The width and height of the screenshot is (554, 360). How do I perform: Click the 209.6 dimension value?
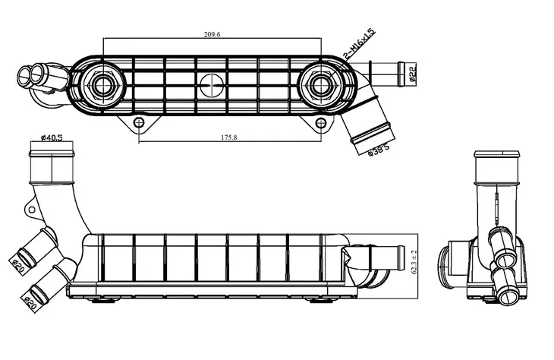pyautogui.click(x=212, y=35)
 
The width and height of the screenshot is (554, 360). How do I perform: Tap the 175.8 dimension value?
pyautogui.click(x=229, y=137)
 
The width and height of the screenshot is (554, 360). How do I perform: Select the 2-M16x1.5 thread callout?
pyautogui.click(x=359, y=43)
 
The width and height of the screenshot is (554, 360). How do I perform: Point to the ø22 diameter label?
pyautogui.click(x=413, y=74)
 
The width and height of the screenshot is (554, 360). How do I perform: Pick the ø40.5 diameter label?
pyautogui.click(x=52, y=137)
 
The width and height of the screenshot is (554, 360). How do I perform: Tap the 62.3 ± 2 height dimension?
pyautogui.click(x=414, y=262)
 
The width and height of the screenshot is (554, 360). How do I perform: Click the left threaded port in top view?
pyautogui.click(x=102, y=85)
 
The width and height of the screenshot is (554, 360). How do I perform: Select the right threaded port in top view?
pyautogui.click(x=321, y=85)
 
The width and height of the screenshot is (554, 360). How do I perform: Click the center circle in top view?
pyautogui.click(x=212, y=85)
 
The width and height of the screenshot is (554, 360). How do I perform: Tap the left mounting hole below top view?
pyautogui.click(x=139, y=123)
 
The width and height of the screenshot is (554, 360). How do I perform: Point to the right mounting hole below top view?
pyautogui.click(x=321, y=123)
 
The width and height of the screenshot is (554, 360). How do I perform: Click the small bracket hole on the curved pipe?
pyautogui.click(x=31, y=210)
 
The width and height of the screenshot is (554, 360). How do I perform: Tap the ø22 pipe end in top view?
pyautogui.click(x=401, y=74)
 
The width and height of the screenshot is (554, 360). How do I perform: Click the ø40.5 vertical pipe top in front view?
pyautogui.click(x=52, y=153)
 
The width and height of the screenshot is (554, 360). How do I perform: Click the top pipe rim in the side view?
pyautogui.click(x=497, y=154)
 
